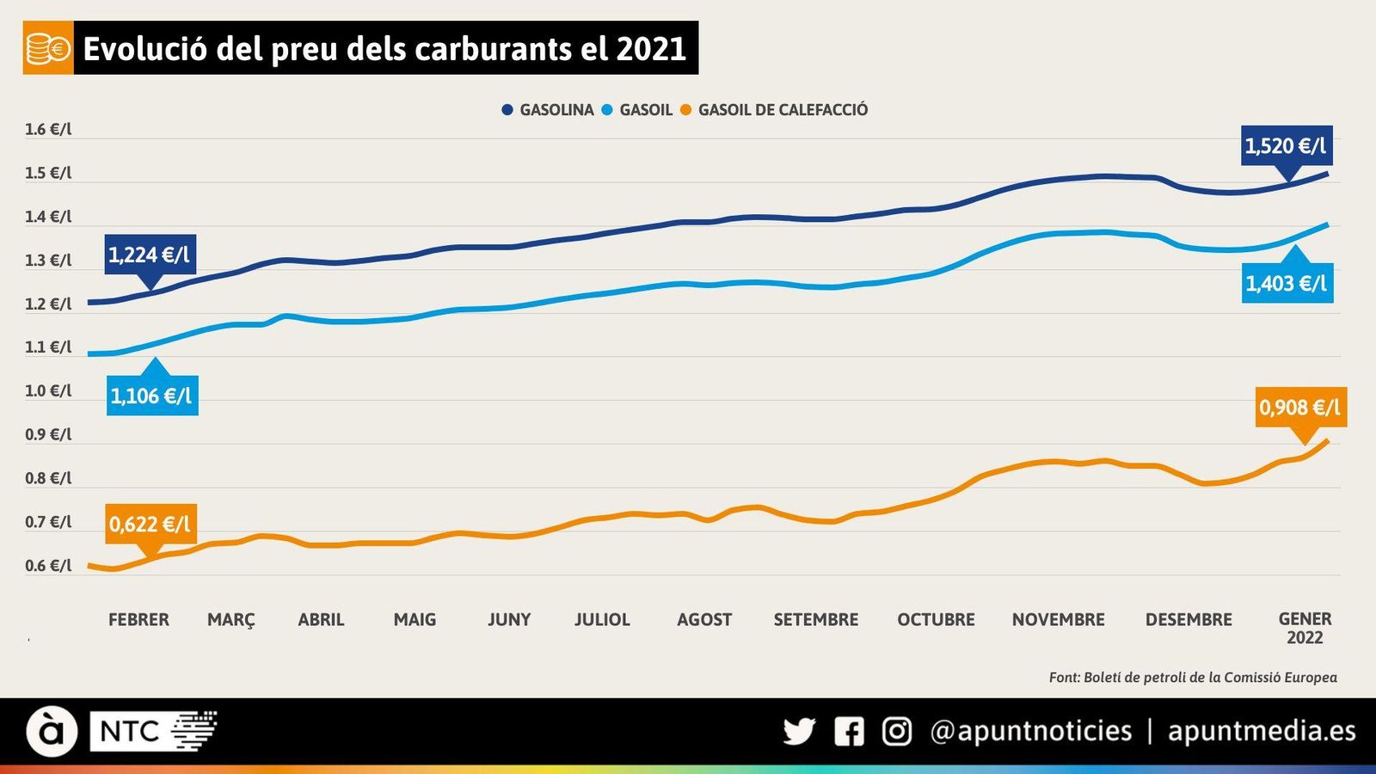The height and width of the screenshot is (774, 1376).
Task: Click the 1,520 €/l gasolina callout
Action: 1286,145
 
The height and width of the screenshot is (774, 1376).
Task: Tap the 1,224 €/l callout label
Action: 150,255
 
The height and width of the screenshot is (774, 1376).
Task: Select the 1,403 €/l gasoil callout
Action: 1287,283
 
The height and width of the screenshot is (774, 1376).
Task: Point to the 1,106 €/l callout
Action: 151,396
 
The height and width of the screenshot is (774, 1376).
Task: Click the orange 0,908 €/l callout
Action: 1299,407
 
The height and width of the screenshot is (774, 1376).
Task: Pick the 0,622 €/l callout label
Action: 150,524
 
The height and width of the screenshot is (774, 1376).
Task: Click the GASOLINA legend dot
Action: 507,110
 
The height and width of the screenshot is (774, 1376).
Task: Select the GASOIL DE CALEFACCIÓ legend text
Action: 783,110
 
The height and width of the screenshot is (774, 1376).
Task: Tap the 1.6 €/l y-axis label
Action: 48,130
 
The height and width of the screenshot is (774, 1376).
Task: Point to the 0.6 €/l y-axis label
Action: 48,566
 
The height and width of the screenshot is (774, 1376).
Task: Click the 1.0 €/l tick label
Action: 48,391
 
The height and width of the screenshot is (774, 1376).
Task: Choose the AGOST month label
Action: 704,619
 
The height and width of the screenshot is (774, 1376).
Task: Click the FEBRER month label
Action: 138,619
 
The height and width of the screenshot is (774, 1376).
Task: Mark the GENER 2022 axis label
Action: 1305,628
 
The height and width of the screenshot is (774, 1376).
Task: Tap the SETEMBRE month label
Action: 815,619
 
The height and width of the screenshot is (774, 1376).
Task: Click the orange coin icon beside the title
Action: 48,48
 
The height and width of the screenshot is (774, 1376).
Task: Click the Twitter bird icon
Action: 799,731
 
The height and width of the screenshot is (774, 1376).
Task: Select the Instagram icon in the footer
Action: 897,731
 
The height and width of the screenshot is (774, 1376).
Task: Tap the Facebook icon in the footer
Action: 849,731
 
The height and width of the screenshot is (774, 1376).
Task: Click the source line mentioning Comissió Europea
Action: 1193,678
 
